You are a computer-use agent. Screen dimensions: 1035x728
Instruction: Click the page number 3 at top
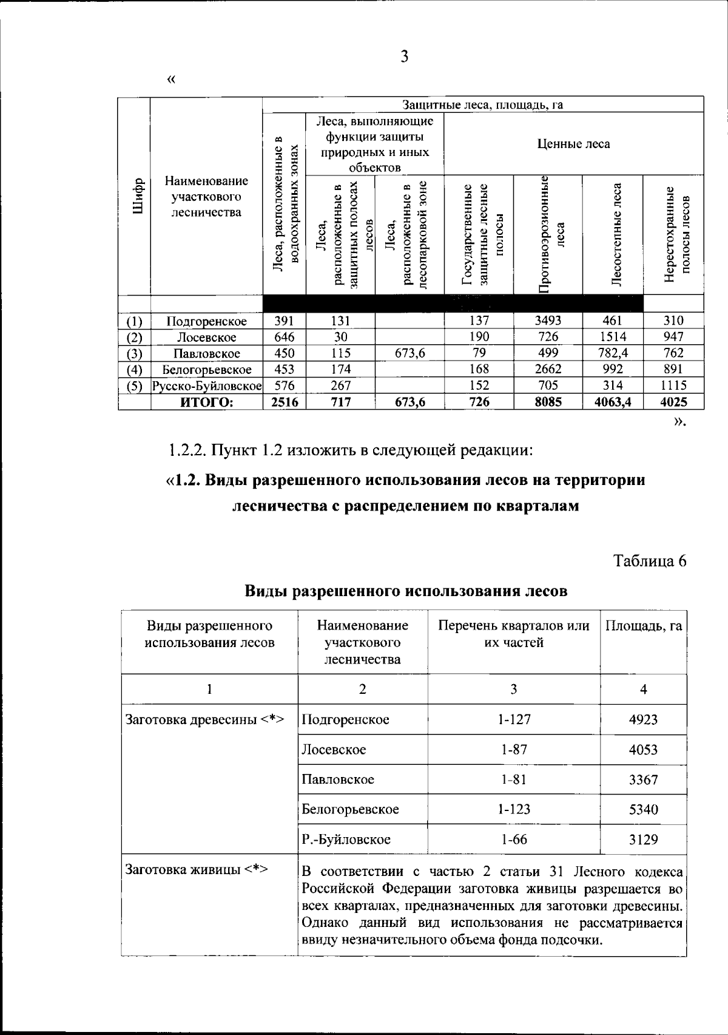[405, 58]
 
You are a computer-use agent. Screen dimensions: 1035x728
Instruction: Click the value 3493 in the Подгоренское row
[548, 321]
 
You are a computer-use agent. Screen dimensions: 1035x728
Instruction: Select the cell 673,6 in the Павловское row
[409, 353]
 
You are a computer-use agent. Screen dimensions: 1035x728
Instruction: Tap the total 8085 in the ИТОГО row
[548, 401]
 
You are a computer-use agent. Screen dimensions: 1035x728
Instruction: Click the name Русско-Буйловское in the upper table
[207, 385]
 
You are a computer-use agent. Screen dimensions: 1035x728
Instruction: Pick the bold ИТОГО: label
[207, 401]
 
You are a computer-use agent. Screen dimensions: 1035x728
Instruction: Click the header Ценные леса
[573, 144]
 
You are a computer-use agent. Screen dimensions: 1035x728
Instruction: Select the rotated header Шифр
[138, 195]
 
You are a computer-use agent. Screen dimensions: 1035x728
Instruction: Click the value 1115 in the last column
[673, 385]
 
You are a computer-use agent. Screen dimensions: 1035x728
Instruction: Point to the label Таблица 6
[650, 560]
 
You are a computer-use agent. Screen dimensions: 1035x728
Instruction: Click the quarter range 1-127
[514, 719]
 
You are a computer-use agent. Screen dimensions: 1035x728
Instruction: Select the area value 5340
[643, 809]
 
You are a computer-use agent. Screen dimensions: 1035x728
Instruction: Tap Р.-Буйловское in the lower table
[346, 840]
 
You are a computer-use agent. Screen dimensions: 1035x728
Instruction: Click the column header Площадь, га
[643, 626]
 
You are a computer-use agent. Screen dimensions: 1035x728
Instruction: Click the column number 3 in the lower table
[514, 689]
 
